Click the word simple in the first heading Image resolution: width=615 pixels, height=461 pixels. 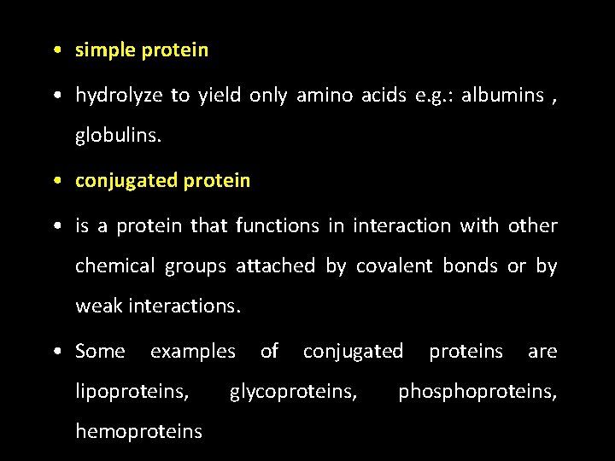click(106, 50)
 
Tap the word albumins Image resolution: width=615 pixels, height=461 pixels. click(502, 96)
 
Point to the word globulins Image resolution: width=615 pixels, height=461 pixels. click(111, 136)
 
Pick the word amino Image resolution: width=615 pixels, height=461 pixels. click(318, 96)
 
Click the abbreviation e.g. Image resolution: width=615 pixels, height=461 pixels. click(432, 96)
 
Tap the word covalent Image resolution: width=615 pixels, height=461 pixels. click(395, 266)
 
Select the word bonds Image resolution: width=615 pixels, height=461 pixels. click(470, 266)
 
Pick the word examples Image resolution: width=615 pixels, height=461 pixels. click(192, 351)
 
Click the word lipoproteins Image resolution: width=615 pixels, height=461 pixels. click(132, 392)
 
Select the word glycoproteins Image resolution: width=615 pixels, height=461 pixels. click(293, 392)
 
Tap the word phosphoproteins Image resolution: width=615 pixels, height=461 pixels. click(477, 392)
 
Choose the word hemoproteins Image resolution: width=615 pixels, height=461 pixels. click(138, 432)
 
